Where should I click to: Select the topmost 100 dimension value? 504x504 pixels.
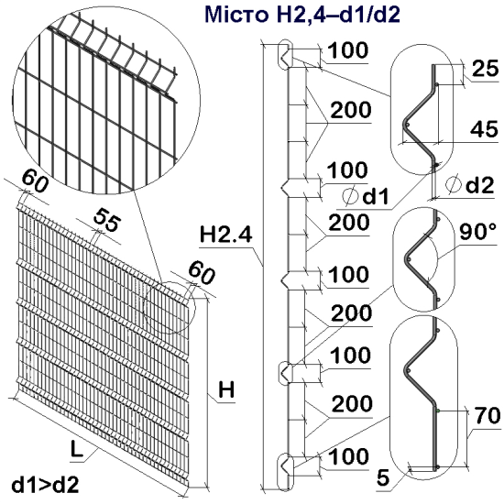click(x=348, y=49)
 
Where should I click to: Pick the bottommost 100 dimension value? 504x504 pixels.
click(x=348, y=455)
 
